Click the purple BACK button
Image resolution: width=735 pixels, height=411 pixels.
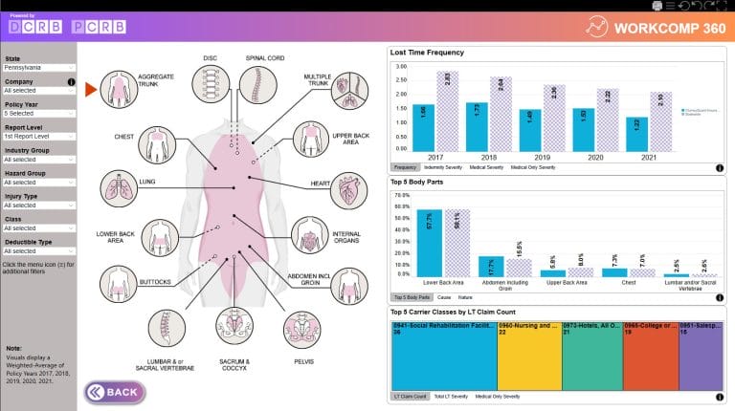click(x=114, y=392)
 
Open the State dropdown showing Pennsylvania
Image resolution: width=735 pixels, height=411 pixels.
click(x=38, y=68)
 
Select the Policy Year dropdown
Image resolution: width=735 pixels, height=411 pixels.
click(x=38, y=114)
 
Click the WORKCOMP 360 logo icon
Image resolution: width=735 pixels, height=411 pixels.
click(x=599, y=24)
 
